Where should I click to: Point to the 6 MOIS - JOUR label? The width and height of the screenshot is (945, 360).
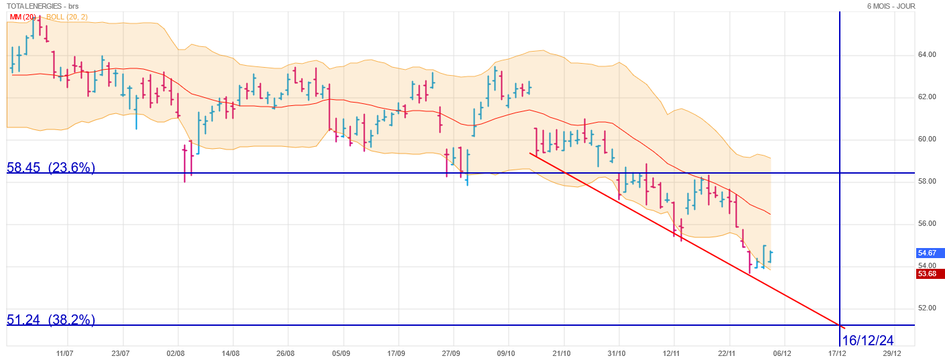891,5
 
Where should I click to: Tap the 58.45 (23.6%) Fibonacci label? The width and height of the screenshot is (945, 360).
51,168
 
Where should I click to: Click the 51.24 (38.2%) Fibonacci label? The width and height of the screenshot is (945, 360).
51,320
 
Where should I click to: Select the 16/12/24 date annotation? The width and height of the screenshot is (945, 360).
868,340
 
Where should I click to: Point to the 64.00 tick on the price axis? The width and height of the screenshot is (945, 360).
927,54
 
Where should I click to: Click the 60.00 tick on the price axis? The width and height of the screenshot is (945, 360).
927,139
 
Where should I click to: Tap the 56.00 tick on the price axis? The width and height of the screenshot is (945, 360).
927,224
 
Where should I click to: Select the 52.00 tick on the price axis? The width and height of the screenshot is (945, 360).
927,308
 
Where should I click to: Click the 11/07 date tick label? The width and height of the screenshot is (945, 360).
65,353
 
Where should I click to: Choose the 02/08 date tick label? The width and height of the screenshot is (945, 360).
176,353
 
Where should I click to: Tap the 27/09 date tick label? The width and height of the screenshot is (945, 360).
451,353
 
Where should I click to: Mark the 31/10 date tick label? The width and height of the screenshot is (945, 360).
617,353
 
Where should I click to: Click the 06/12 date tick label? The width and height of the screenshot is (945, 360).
782,353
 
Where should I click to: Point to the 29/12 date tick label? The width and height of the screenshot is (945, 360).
892,353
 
